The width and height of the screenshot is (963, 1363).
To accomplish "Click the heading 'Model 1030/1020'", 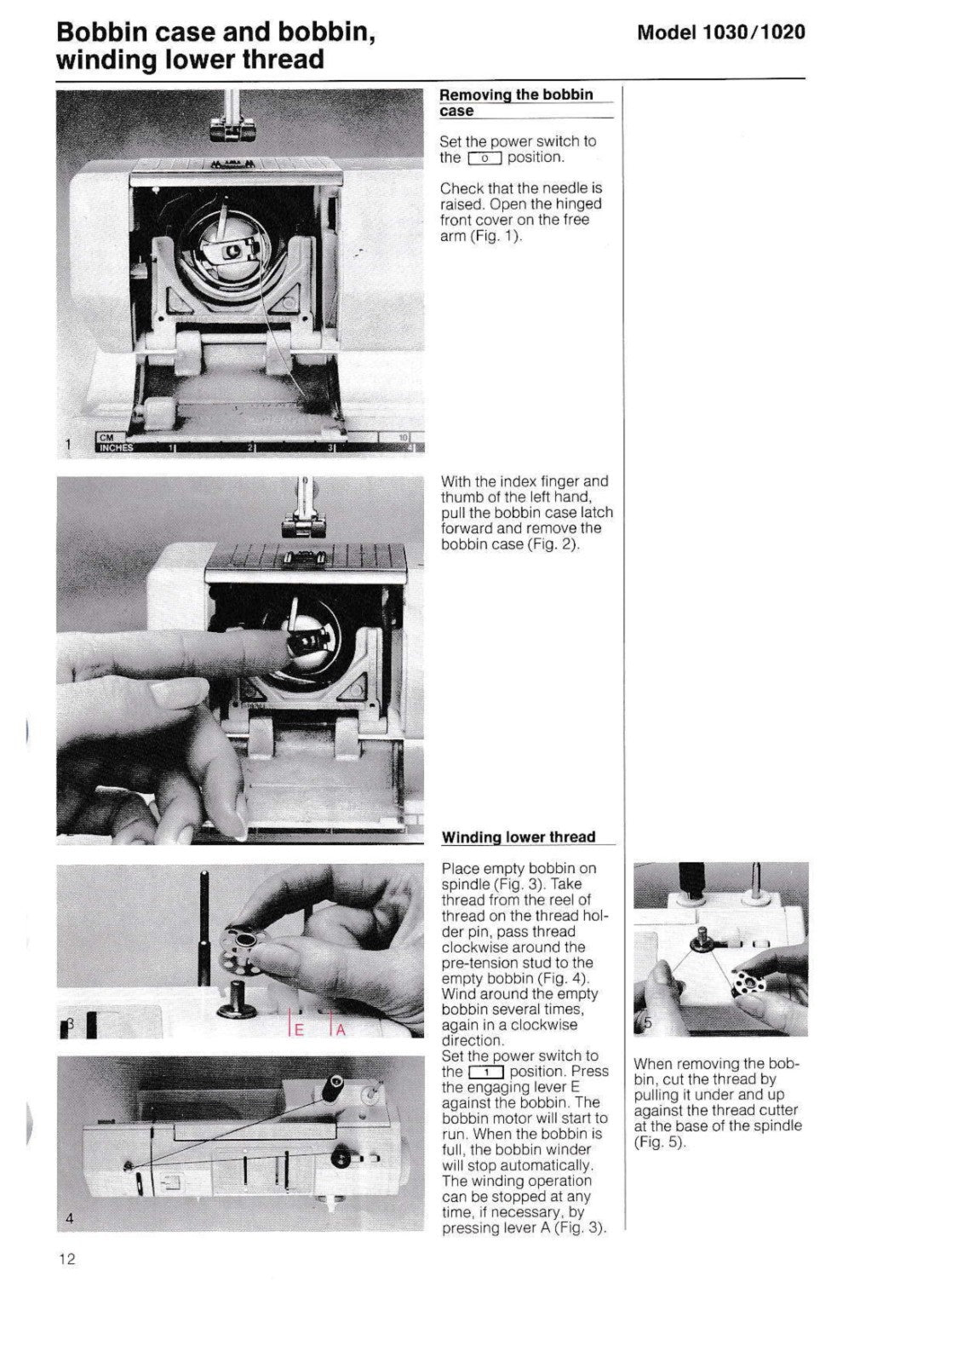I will click(720, 32).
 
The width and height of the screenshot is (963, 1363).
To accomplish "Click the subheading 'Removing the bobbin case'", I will click(516, 102).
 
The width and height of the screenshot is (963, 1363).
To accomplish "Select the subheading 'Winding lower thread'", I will click(518, 837).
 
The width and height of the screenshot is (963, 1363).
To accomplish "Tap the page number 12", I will click(67, 1259).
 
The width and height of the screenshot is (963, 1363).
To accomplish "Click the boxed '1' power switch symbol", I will click(486, 1072).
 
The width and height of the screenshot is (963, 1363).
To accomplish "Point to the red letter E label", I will click(298, 1029).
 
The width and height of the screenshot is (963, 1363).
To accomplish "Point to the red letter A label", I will click(340, 1029).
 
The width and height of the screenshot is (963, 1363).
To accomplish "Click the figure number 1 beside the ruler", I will click(68, 444).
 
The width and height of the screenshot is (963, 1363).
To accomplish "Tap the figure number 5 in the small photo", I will click(647, 1023).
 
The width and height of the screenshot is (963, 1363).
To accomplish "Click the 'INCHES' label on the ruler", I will click(117, 448).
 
